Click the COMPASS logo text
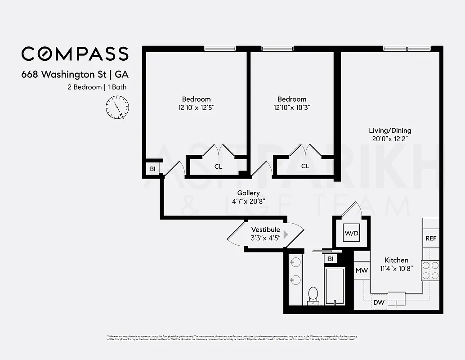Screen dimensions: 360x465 pos(75,54)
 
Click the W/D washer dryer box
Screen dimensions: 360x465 pos(351,233)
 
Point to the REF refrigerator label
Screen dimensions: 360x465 pos(431,238)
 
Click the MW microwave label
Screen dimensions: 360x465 pos(362,270)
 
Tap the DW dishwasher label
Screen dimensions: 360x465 pos(379,302)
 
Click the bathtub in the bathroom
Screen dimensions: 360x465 pos(334,286)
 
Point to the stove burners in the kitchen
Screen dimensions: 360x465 pos(430,270)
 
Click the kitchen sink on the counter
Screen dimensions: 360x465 pos(396,298)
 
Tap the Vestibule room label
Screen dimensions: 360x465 pos(265,229)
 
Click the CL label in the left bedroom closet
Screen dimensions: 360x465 pos(218,166)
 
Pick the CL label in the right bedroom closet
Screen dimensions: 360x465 pos(305,166)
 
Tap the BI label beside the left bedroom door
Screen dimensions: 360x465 pos(152,169)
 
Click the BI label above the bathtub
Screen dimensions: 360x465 pos(331,259)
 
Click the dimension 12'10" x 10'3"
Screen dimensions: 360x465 pos(292,108)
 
